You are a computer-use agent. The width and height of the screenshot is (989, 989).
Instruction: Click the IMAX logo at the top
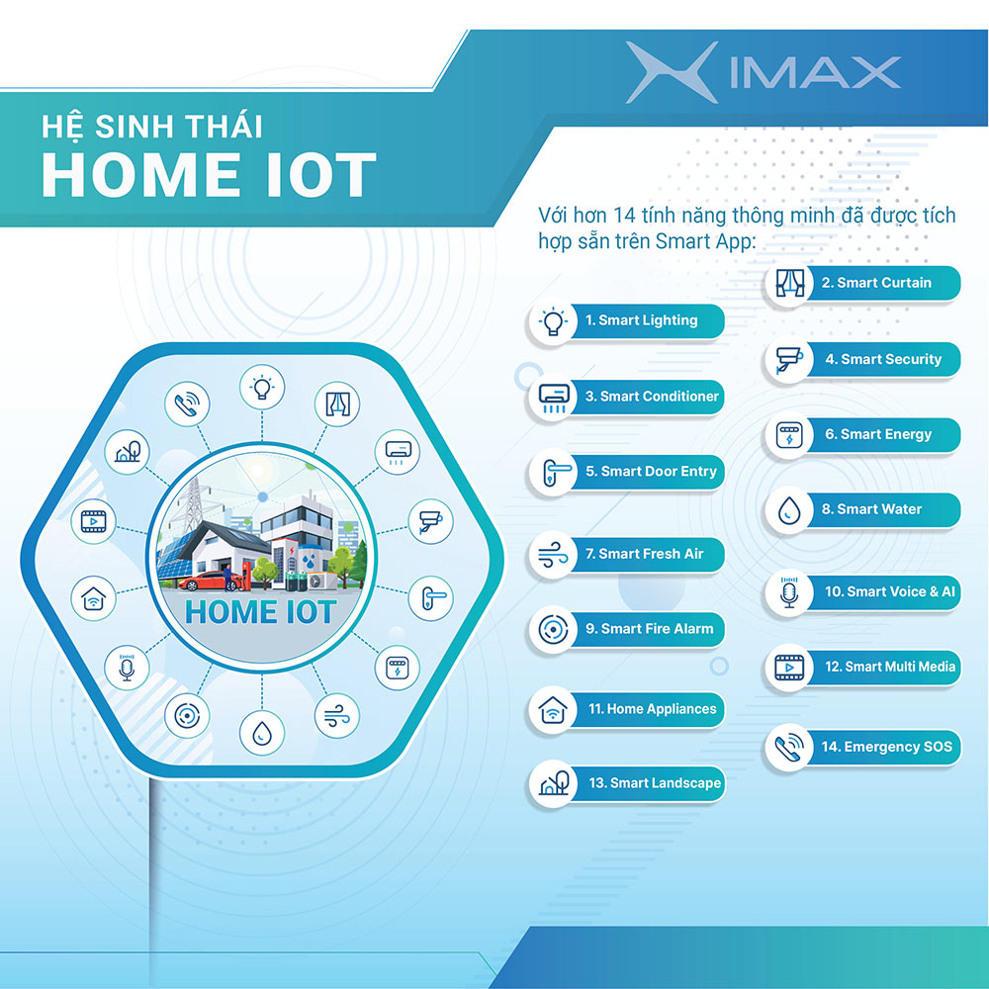pos(764,72)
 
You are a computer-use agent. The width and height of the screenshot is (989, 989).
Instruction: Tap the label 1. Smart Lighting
pos(642,320)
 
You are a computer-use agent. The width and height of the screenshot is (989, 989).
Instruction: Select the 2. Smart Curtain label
pos(876,283)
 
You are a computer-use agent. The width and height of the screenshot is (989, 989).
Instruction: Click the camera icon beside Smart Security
pos(788,360)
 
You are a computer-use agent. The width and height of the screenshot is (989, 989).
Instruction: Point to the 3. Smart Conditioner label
pos(652,397)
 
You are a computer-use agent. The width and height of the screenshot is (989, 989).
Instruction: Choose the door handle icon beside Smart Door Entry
pos(553,472)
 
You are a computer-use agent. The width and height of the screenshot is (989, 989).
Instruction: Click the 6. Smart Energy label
pos(878,434)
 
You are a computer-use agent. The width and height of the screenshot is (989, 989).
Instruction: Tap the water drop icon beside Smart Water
pos(788,509)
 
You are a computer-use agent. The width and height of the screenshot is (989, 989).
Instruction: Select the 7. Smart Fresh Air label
pos(644,554)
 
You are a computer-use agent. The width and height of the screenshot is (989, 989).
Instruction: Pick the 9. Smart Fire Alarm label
pos(649,629)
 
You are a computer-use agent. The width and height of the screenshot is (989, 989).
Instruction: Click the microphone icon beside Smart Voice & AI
pos(788,592)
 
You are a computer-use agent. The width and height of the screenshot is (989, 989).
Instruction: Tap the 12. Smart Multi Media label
pos(890,667)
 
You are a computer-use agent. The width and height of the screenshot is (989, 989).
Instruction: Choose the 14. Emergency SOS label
pos(886,747)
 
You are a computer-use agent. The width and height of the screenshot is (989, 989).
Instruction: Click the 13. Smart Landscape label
pos(655,783)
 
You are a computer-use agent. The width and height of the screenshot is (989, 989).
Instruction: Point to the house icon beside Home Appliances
pos(553,709)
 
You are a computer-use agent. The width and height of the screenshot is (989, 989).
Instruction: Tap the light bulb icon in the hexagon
pos(262,387)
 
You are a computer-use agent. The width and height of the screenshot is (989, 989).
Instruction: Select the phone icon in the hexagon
pos(187,404)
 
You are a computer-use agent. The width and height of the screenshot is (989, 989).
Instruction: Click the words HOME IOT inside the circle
pos(260,612)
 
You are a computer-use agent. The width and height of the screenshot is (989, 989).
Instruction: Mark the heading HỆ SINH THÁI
pos(151,126)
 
